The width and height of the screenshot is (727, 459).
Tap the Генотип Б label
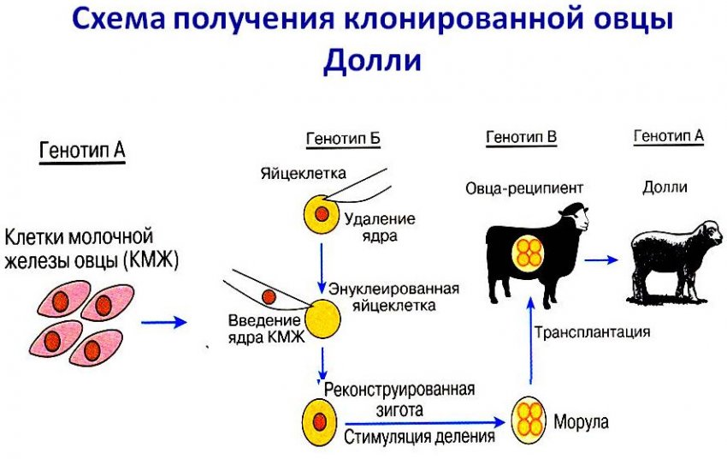pos(342,140)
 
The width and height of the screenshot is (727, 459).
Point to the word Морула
pos(582,420)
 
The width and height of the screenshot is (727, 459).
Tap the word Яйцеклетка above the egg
pos(304,174)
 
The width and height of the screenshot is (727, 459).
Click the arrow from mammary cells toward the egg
pos(163,322)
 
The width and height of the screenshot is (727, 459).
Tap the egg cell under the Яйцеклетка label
pos(320,213)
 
